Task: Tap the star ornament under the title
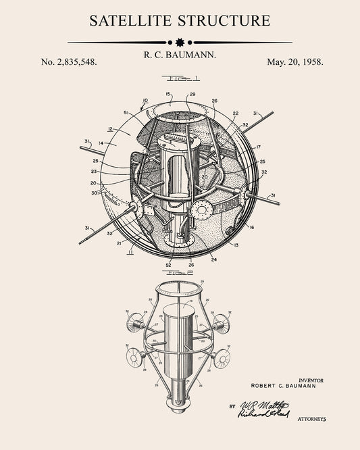[x=180, y=42]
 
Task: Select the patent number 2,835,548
[x=69, y=61]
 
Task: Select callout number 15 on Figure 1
[x=168, y=94]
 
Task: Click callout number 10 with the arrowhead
[x=145, y=101]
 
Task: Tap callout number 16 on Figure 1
[x=251, y=228]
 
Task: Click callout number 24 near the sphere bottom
[x=213, y=259]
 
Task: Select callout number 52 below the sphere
[x=168, y=264]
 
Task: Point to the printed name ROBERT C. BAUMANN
[x=287, y=386]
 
